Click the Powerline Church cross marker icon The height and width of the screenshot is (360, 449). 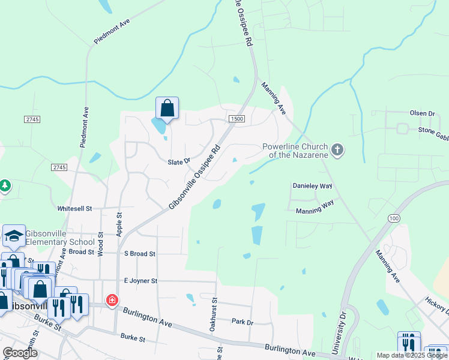337,149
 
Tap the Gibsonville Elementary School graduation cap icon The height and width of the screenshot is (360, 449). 13,236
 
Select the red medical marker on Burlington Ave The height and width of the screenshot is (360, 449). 112,300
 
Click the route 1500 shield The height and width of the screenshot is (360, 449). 237,119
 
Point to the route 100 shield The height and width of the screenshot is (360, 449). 394,218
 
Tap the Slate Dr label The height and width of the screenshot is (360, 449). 179,161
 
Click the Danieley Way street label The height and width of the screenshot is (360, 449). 312,186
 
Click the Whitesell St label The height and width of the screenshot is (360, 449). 74,208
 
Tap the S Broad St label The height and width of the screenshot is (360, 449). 140,254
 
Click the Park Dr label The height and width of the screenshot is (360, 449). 243,322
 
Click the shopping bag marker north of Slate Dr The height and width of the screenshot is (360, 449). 167,109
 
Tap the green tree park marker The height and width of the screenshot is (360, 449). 5,185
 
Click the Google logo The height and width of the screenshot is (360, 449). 20,353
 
